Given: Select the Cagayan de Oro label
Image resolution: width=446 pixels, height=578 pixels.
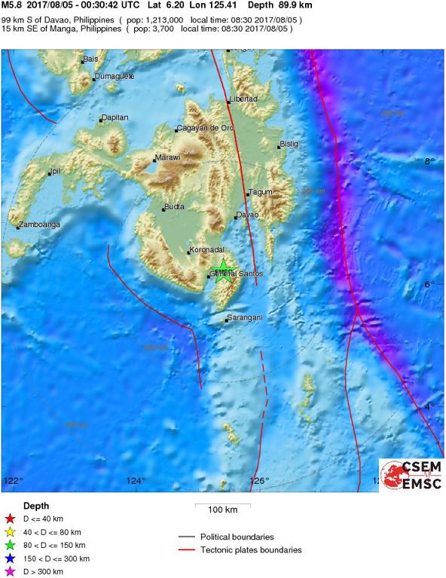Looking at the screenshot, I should (x=206, y=128).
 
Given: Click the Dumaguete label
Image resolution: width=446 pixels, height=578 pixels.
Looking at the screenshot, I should (x=115, y=76).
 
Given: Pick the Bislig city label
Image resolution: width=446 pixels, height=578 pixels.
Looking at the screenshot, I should (x=289, y=144).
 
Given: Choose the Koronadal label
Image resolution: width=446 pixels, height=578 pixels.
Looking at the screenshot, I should (x=206, y=249).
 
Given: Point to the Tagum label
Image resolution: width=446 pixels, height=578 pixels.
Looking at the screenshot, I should (x=260, y=192).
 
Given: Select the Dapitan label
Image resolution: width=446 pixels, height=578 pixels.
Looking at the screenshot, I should (x=115, y=117).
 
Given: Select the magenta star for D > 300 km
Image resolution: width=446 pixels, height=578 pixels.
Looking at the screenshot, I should (x=11, y=571).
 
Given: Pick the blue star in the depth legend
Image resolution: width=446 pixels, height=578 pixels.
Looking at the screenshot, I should (x=11, y=558).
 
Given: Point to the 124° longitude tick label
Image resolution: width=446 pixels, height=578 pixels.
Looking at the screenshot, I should (x=136, y=480).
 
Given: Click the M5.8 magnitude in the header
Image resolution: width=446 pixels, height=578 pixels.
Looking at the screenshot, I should (x=13, y=5).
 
